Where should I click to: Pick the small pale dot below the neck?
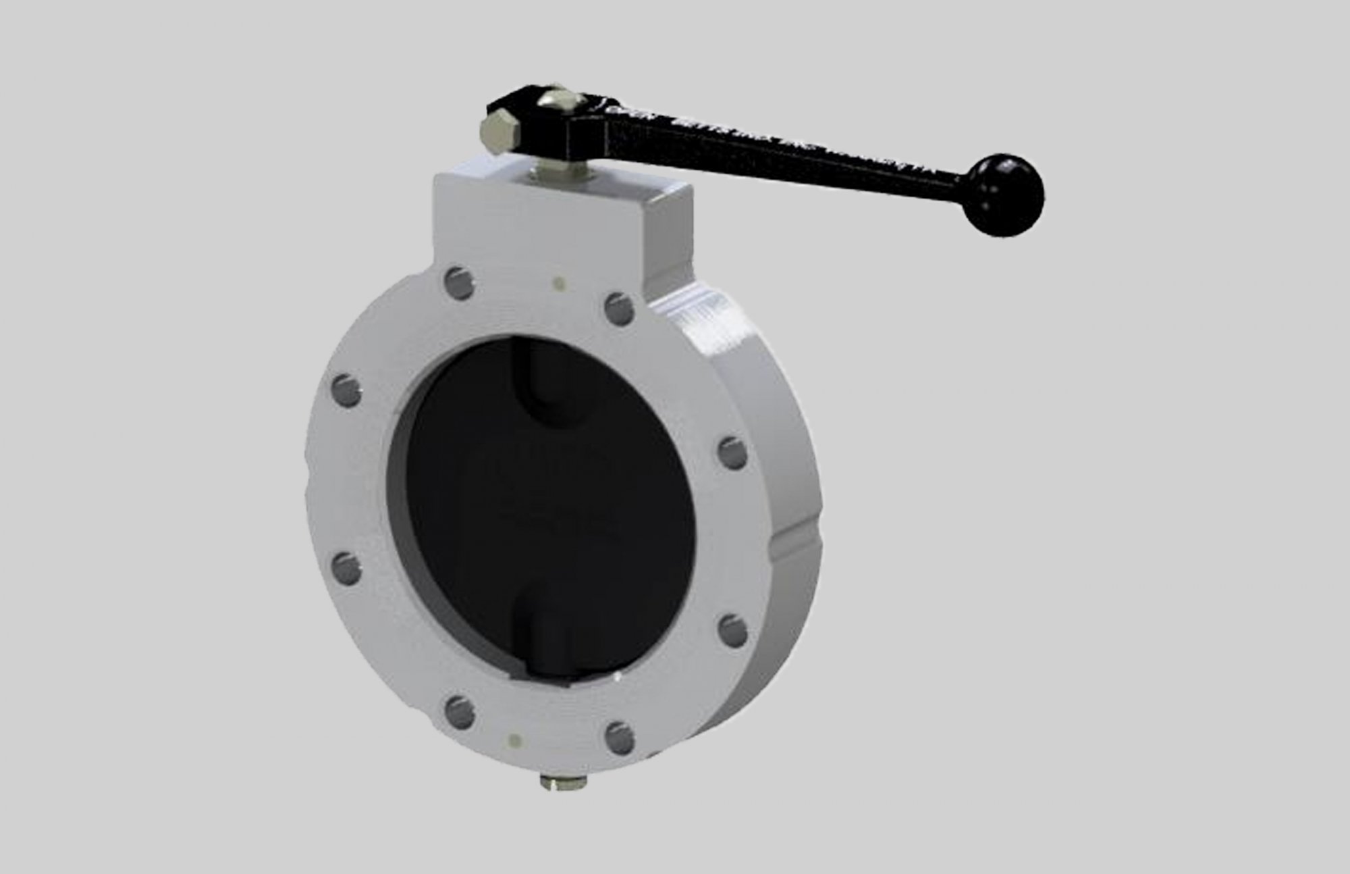[558, 283]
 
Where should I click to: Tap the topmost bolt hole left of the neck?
[460, 280]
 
